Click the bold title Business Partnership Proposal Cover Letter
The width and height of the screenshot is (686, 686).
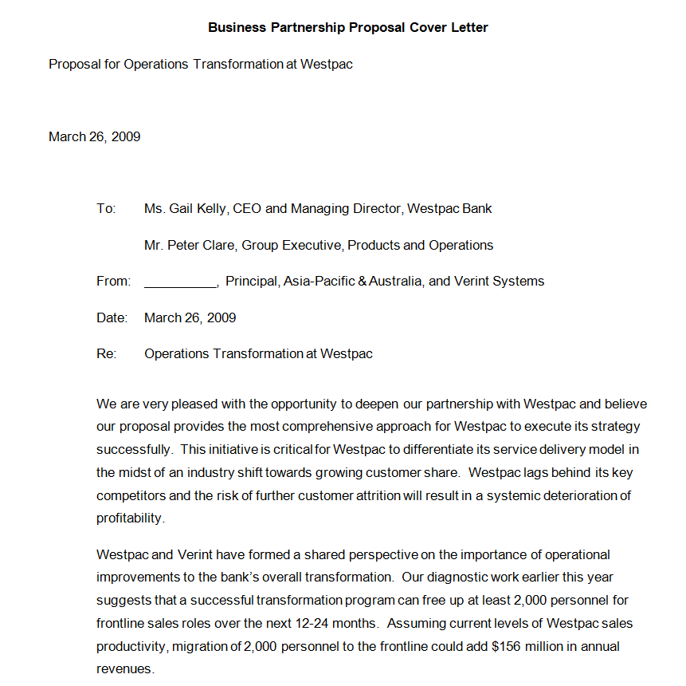tap(347, 27)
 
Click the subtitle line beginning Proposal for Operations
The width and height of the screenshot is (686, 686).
tap(200, 64)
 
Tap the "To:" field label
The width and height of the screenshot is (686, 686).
tap(106, 209)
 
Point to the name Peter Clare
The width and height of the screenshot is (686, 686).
tap(202, 245)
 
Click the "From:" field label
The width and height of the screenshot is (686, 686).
tap(113, 281)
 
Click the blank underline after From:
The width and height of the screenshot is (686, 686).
tap(180, 282)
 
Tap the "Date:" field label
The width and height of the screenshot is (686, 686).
tap(112, 317)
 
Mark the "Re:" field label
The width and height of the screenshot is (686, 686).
tap(106, 353)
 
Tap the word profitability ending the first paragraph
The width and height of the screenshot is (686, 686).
tap(130, 518)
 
